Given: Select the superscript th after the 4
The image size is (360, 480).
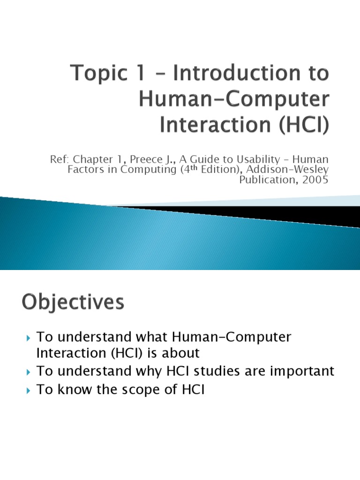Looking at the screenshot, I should (194, 167).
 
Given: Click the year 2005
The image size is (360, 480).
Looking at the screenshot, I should (312, 180).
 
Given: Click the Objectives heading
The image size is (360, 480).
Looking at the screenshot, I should (73, 302).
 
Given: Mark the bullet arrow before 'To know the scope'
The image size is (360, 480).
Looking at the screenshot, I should (29, 391).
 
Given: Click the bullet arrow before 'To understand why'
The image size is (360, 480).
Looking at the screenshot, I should (29, 372).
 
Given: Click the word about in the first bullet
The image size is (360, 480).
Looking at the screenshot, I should (181, 352).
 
